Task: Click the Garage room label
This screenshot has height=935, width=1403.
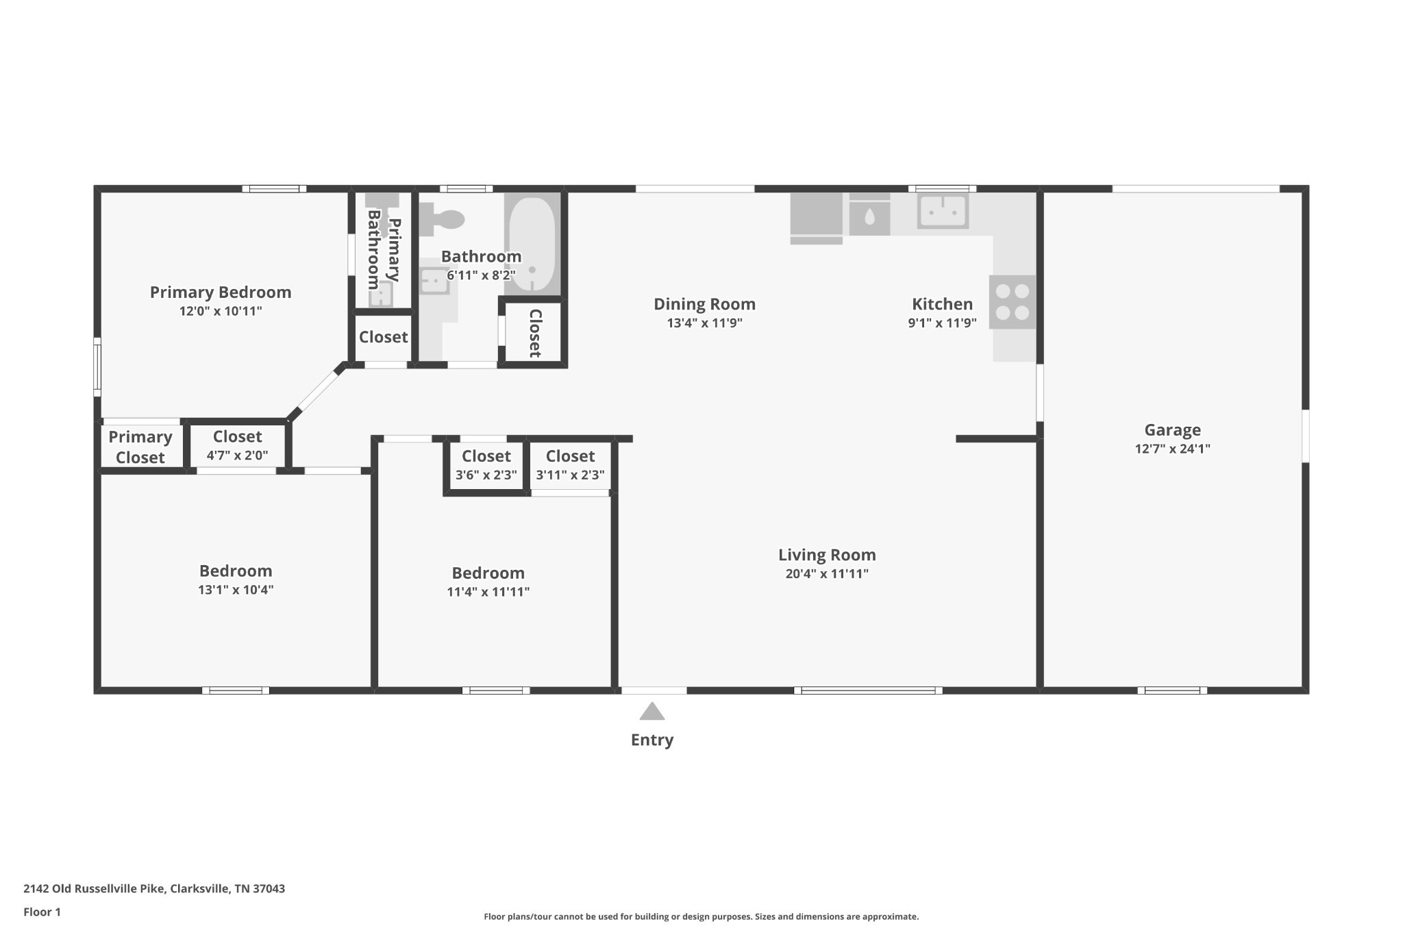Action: (1172, 430)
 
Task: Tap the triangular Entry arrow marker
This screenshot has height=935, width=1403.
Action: (652, 712)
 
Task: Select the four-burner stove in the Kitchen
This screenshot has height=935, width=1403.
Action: (1013, 302)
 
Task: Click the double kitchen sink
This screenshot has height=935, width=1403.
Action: (943, 212)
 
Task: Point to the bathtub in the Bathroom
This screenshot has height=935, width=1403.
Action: (532, 244)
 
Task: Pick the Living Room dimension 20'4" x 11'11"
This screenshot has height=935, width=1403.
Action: (827, 574)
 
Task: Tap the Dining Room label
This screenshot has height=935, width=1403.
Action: (704, 304)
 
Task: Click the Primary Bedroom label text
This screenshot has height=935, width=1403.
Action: (221, 292)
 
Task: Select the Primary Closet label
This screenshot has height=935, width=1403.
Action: (140, 447)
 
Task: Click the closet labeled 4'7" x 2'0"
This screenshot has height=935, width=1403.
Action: (237, 445)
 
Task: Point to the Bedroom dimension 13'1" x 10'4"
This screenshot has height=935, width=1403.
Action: (236, 590)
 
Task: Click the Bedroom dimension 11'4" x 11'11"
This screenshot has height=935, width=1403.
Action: (488, 592)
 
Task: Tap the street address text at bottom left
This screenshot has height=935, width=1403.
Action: (154, 888)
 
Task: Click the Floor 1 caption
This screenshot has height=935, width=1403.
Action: (42, 912)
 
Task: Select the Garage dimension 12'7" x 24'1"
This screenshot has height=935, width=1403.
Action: (1172, 449)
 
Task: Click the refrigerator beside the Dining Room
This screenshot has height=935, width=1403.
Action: (816, 218)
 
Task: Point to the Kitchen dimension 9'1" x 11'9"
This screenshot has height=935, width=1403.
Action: (942, 323)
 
